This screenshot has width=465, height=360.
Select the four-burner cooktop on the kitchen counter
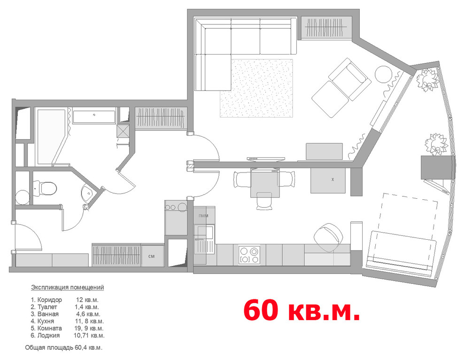pyautogui.click(x=249, y=255)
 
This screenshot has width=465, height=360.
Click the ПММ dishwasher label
pyautogui.click(x=203, y=216)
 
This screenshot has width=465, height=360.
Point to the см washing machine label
pyautogui.click(x=151, y=256)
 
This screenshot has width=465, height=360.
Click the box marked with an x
pyautogui.click(x=328, y=180)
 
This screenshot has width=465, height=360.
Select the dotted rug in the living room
pyautogui.click(x=256, y=88)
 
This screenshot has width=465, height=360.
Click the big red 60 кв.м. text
pyautogui.click(x=302, y=310)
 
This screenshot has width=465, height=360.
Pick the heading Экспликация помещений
pyautogui.click(x=68, y=287)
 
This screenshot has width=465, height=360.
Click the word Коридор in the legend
pyautogui.click(x=49, y=300)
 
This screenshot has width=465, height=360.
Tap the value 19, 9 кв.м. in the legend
pyautogui.click(x=89, y=328)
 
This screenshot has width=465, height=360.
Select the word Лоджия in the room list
pyautogui.click(x=49, y=336)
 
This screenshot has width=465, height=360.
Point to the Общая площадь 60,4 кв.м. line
pyautogui.click(x=64, y=347)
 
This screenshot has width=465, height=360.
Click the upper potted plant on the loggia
pyautogui.click(x=427, y=79)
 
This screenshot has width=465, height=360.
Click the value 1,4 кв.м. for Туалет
pyautogui.click(x=86, y=307)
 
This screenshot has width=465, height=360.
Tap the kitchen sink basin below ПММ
pyautogui.click(x=205, y=232)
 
